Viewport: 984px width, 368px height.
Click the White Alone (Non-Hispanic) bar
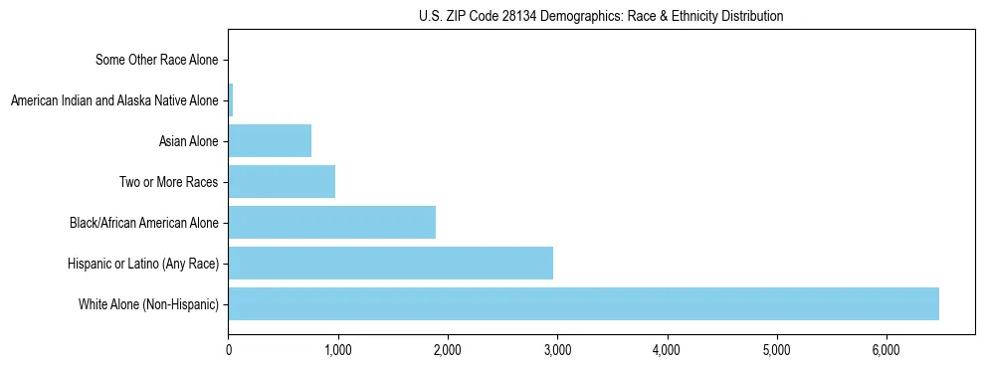coord(583,304)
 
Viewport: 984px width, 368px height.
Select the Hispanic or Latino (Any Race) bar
coord(390,264)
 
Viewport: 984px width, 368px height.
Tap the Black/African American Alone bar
coord(331,223)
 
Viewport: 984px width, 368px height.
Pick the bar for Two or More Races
coord(282,182)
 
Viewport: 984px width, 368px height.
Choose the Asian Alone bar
coord(270,141)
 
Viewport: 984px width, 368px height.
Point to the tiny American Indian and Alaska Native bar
coord(231,100)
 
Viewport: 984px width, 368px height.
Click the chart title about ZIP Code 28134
coord(601,16)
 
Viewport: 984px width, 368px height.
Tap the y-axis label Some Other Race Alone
coord(156,60)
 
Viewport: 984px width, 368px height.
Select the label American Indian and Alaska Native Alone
coord(113,100)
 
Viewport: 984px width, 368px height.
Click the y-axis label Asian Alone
coord(188,141)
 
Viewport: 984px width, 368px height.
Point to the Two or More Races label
coord(167,182)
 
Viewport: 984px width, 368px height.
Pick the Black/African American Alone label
coord(143,223)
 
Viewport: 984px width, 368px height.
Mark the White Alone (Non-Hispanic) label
coord(148,304)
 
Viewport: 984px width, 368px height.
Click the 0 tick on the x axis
coord(229,350)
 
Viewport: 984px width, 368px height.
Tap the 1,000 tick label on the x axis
coord(338,350)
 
